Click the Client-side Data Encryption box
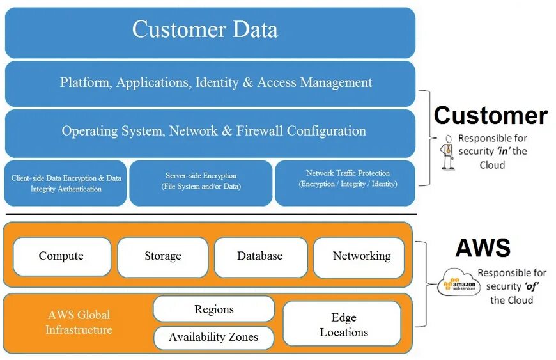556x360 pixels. [66, 184]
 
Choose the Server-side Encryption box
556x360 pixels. [201, 181]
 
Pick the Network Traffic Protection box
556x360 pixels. [344, 179]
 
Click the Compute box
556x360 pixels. [61, 256]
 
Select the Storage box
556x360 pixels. [162, 256]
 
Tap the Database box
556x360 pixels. [259, 256]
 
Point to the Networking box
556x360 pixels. [361, 256]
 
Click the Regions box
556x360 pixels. [213, 309]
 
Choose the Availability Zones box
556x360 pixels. [213, 338]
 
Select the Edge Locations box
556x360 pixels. [343, 325]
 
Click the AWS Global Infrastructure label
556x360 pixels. [79, 323]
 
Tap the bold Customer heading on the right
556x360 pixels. [490, 116]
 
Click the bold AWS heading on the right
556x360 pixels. [483, 248]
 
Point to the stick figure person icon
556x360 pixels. [448, 152]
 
